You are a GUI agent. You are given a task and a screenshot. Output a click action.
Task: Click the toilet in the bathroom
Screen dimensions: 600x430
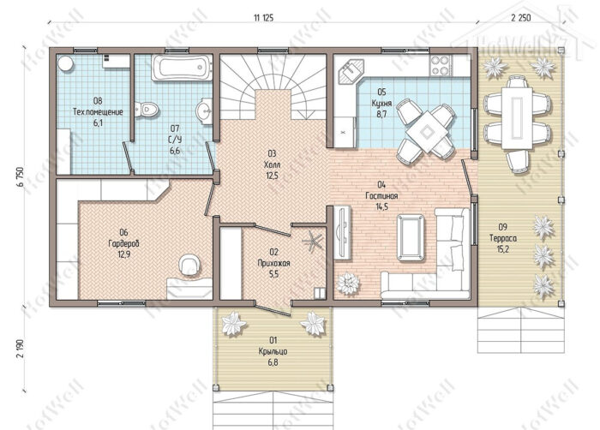coord(147,109)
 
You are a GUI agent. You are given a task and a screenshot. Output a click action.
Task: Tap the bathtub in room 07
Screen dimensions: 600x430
coord(182,68)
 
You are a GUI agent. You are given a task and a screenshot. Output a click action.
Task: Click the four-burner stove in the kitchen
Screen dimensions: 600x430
coord(440,65)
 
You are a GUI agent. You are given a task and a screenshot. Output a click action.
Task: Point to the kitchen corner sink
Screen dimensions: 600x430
coord(351,71)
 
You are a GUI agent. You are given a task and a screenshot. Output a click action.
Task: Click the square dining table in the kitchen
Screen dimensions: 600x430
coord(427,132)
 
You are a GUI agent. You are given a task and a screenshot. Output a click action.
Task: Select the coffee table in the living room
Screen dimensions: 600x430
coord(411,237)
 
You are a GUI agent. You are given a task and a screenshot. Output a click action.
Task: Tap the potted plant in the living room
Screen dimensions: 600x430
coord(348,284)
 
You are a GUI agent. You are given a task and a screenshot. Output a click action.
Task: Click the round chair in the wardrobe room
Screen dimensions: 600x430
coord(189,264)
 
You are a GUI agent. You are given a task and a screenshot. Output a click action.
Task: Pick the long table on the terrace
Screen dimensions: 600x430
coord(518,118)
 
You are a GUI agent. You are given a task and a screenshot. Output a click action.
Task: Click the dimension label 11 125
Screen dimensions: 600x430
coord(264,18)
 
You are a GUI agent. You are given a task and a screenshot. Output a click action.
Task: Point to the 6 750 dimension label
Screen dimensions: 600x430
coord(21,176)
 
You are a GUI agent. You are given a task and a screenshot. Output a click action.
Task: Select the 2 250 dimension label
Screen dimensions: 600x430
coord(521,18)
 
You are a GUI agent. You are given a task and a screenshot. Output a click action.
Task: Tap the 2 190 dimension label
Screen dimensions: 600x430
coord(21,348)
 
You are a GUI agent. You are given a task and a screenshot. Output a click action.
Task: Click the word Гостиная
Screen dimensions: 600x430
coord(381,196)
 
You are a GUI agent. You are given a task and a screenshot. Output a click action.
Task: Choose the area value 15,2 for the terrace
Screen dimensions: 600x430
coord(503,249)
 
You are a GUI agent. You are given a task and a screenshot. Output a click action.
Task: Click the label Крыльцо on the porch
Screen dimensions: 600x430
coord(273,351)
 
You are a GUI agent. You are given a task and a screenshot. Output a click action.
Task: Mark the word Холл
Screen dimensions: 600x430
coord(272,164)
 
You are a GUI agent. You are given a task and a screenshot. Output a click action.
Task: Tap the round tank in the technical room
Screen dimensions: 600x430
coord(65,63)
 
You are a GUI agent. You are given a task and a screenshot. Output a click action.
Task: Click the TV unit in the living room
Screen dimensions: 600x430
coord(343,233)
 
